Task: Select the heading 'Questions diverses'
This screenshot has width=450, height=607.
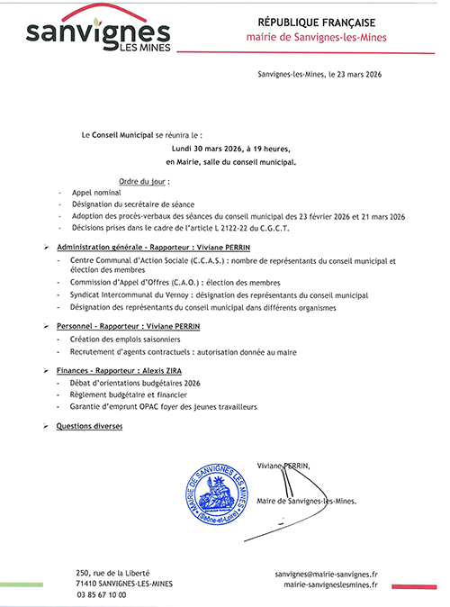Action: (93, 425)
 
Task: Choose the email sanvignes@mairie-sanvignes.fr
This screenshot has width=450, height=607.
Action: (326, 573)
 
